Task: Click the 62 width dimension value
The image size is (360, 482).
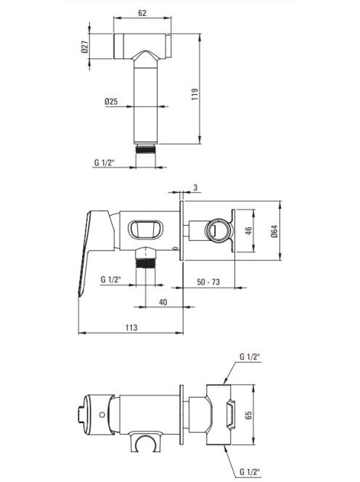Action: [142, 13]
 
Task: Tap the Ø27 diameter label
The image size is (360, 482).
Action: [85, 46]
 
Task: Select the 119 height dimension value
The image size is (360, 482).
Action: [195, 94]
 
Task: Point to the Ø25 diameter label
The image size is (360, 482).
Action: [111, 101]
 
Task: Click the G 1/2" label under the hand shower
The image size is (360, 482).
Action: [104, 163]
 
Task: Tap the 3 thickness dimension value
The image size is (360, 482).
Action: [196, 187]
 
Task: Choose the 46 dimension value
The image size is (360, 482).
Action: [248, 231]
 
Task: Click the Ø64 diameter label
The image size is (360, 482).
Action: [274, 231]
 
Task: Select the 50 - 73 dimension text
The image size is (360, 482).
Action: [208, 282]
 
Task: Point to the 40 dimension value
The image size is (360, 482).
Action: [163, 302]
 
